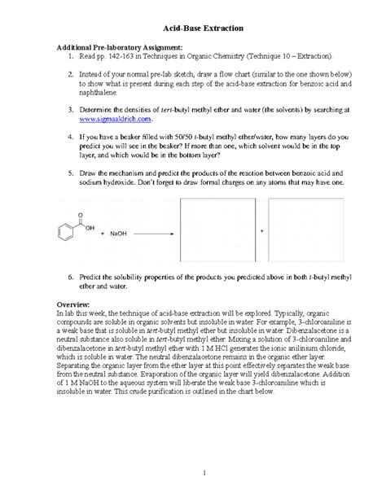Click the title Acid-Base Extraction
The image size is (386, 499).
pyautogui.click(x=193, y=28)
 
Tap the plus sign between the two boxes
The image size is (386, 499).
pyautogui.click(x=261, y=231)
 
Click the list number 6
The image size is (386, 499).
pyautogui.click(x=70, y=278)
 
